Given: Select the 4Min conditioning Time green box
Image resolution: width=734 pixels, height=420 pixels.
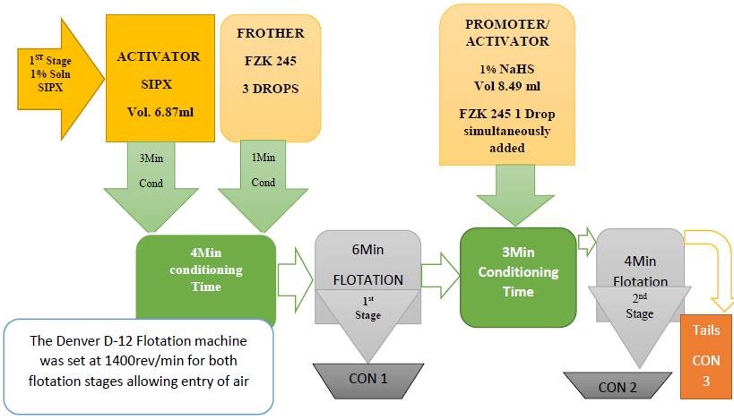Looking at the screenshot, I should (x=205, y=268).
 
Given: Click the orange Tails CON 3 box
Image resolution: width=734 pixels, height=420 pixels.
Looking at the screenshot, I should (x=706, y=354).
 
